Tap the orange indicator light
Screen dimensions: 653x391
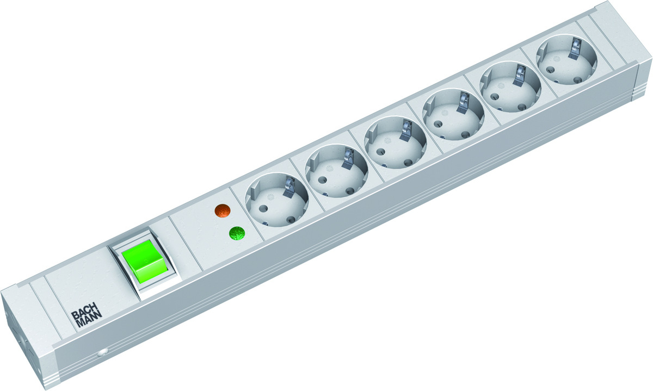point(221,211)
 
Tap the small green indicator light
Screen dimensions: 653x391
point(237,234)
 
